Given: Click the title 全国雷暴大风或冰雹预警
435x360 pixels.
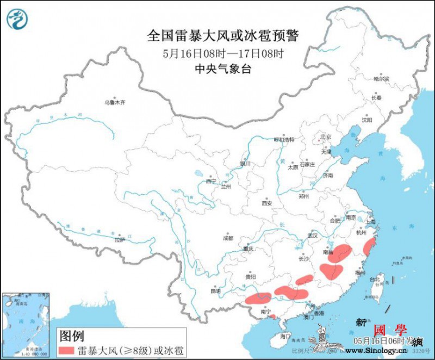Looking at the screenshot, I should click(223, 36).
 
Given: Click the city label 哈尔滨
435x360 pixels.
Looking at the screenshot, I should click(381, 79).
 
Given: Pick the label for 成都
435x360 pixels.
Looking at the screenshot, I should click(227, 238).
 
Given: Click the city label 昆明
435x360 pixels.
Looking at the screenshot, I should click(216, 291).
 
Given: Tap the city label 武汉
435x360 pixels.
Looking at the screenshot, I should click(312, 235).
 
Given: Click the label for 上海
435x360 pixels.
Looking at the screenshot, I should click(371, 221).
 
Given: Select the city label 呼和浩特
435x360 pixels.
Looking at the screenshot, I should click(283, 140).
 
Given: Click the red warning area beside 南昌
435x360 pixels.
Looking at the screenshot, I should click(342, 253).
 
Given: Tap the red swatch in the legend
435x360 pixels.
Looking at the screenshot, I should click(73, 350).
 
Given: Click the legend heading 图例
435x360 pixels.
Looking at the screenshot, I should click(71, 334).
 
